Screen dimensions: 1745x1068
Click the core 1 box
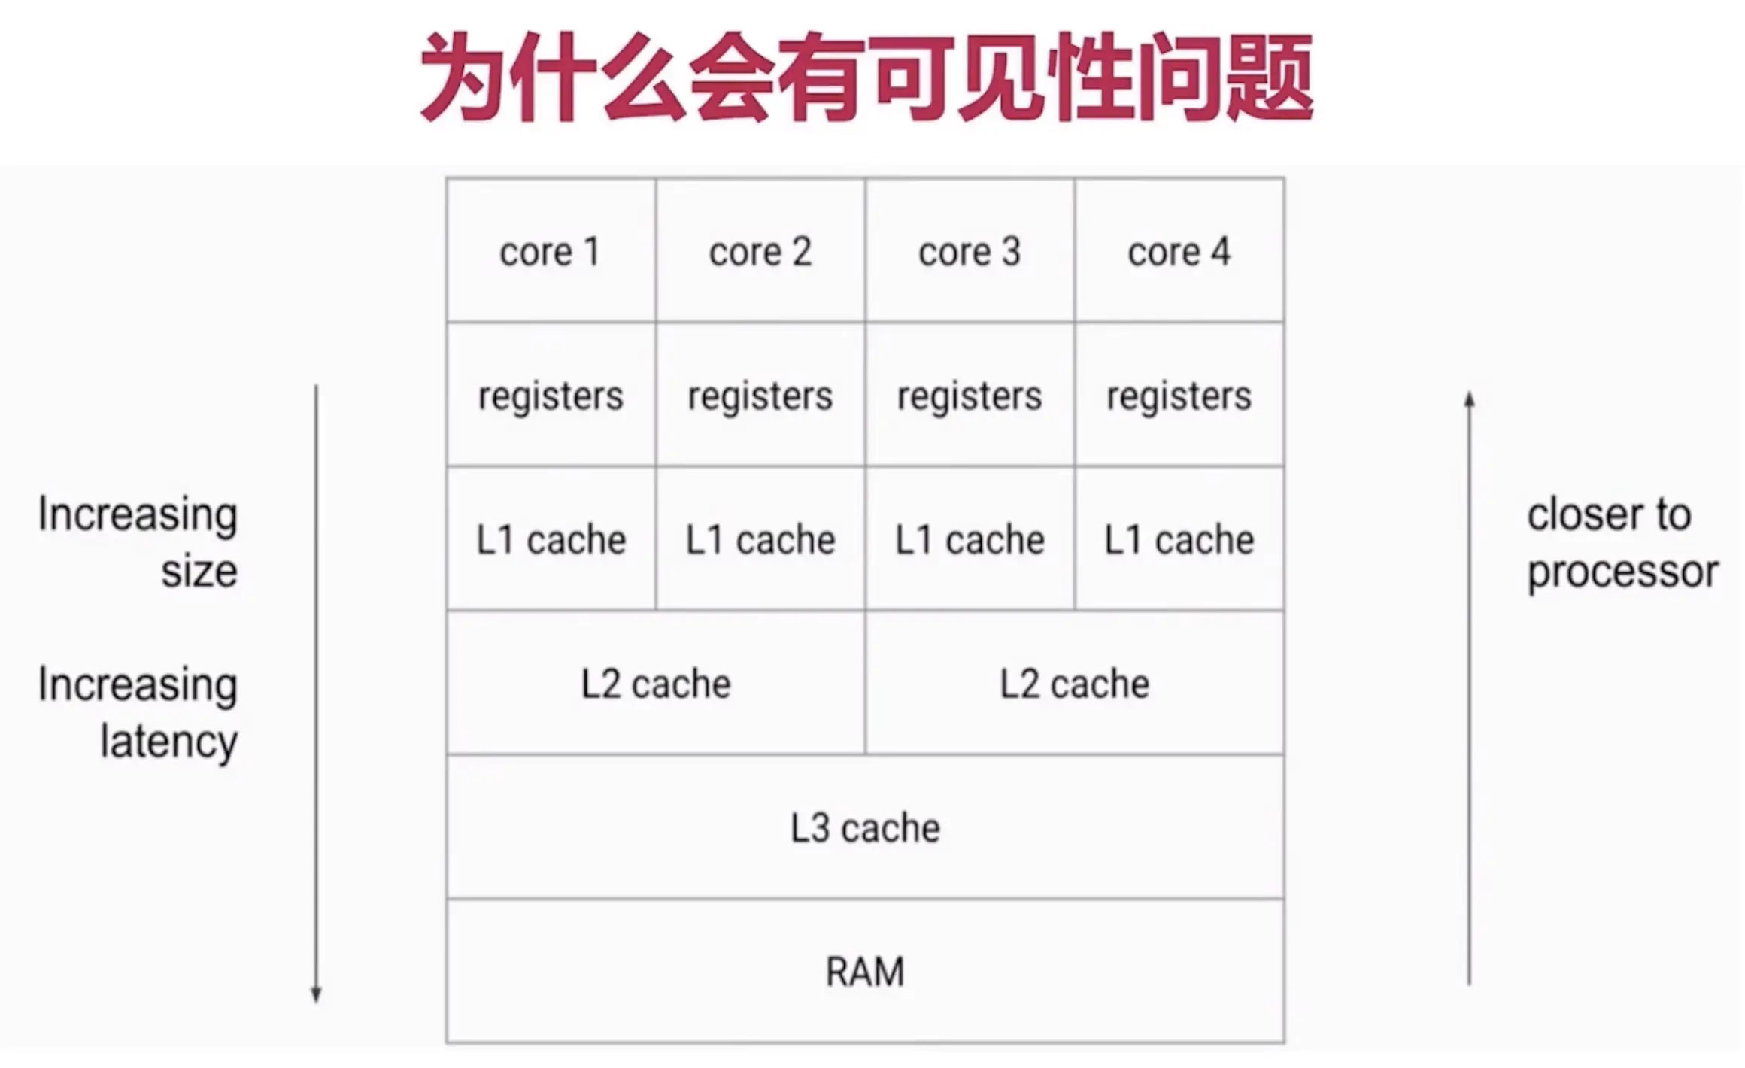pyautogui.click(x=551, y=250)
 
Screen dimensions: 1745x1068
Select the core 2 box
pyautogui.click(x=760, y=250)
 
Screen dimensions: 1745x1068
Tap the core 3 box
pyautogui.click(x=970, y=250)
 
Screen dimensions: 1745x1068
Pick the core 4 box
pyautogui.click(x=1179, y=250)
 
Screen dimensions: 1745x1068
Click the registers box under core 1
pyautogui.click(x=551, y=395)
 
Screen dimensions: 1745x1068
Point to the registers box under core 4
pyautogui.click(x=1179, y=395)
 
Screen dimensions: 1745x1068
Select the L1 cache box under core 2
pyautogui.click(x=760, y=539)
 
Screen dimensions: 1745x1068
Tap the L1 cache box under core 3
pyautogui.click(x=970, y=539)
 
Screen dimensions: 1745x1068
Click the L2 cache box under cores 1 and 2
pyautogui.click(x=656, y=683)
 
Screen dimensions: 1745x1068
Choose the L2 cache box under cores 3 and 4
pyautogui.click(x=1075, y=683)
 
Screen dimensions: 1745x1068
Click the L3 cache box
pyautogui.click(x=865, y=827)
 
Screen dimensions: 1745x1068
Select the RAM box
pyautogui.click(x=865, y=971)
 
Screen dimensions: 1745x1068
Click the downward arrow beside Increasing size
pyautogui.click(x=317, y=692)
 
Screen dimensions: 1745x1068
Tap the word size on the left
pyautogui.click(x=199, y=572)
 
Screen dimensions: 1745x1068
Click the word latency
pyautogui.click(x=169, y=742)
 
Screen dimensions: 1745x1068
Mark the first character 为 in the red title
pyautogui.click(x=462, y=77)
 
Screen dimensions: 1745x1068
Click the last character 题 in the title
pyautogui.click(x=1270, y=77)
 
